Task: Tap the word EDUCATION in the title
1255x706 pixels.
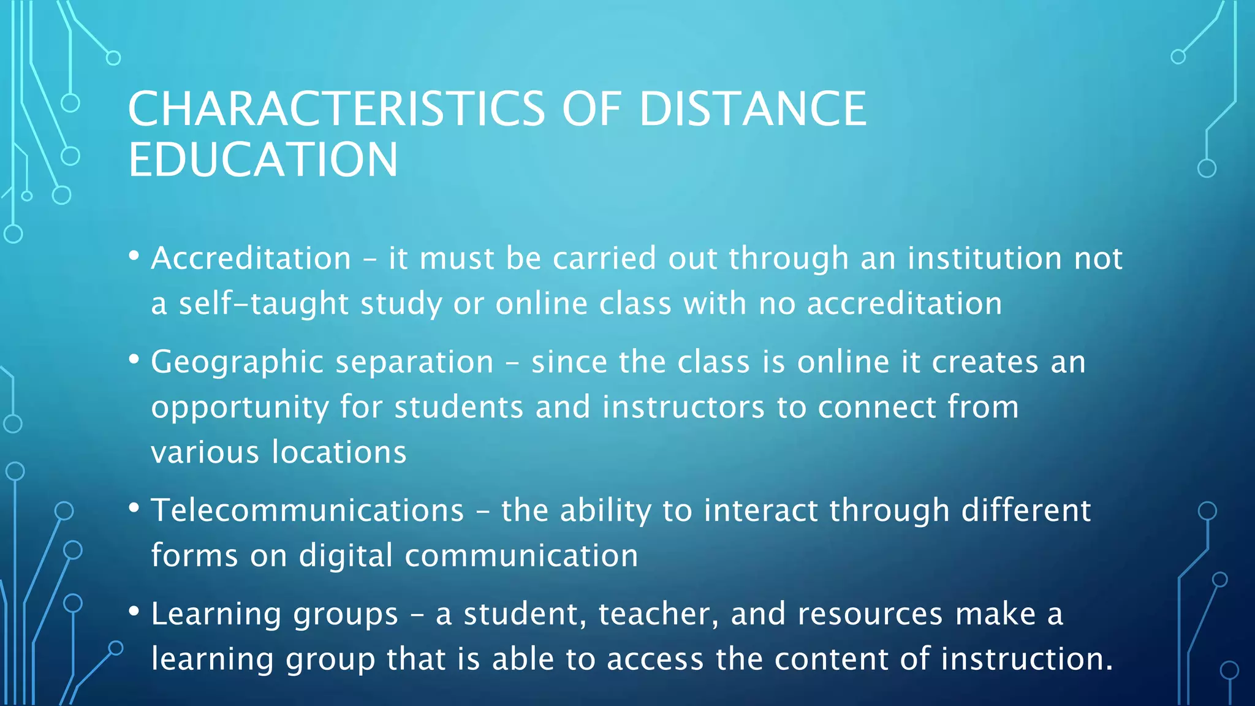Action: pyautogui.click(x=264, y=160)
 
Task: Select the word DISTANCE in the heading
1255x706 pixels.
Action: pyautogui.click(x=753, y=109)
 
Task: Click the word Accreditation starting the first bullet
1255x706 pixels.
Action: pyautogui.click(x=251, y=258)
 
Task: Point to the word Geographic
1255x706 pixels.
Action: pyautogui.click(x=237, y=362)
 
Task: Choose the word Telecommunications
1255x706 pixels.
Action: pyautogui.click(x=308, y=511)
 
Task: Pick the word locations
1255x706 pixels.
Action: pyautogui.click(x=339, y=452)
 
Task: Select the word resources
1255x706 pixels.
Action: pyautogui.click(x=870, y=614)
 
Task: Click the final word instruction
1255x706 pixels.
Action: pyautogui.click(x=1026, y=659)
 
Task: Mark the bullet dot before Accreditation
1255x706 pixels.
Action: pyautogui.click(x=134, y=256)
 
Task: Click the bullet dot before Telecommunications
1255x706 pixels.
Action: pyautogui.click(x=134, y=508)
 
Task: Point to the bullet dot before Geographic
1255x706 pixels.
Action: pyautogui.click(x=134, y=360)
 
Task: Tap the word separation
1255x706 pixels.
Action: pyautogui.click(x=414, y=362)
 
